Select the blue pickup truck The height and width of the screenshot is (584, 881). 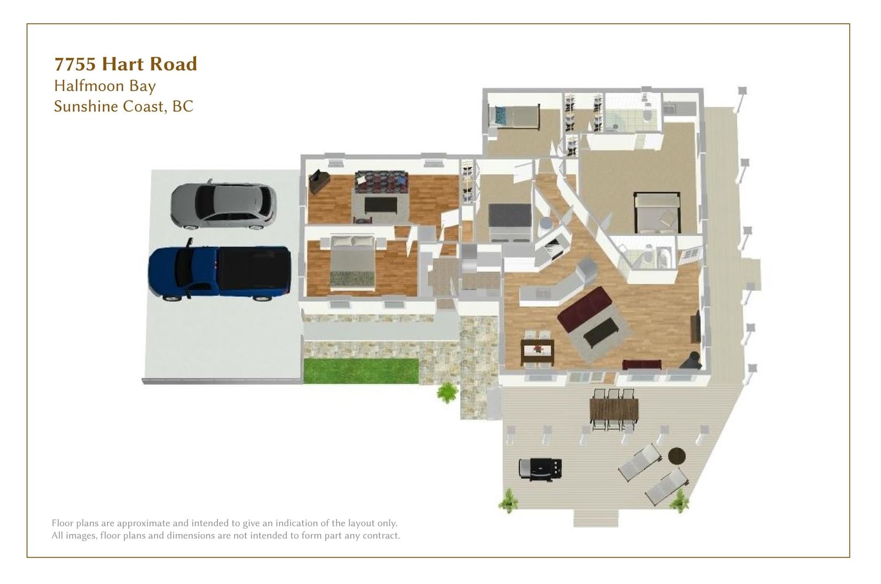(x=220, y=271)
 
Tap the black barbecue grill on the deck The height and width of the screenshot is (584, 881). (x=540, y=469)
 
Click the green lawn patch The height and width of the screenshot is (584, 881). (x=361, y=370)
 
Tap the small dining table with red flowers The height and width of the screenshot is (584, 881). (x=537, y=350)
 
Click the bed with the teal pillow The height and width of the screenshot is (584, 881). (x=514, y=116)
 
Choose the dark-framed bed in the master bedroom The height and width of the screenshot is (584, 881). (x=657, y=213)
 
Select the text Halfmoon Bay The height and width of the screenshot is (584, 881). (x=105, y=86)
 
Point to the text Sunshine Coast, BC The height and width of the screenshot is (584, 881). (x=123, y=107)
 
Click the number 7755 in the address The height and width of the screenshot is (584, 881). (x=75, y=64)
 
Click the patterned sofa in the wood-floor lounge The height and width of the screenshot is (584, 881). (x=380, y=182)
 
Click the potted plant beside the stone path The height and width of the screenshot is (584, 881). (x=448, y=392)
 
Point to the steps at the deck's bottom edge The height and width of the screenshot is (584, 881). (x=595, y=518)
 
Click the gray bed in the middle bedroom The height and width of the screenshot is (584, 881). (x=510, y=221)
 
